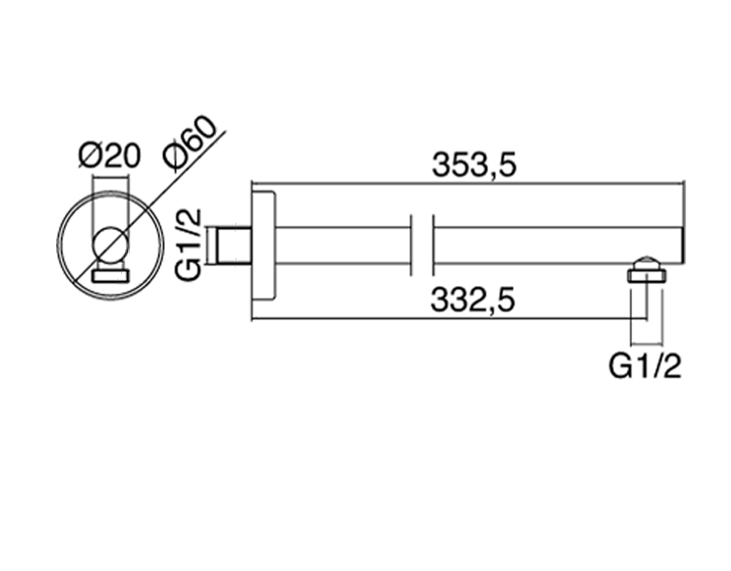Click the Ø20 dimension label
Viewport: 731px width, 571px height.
[x=110, y=154]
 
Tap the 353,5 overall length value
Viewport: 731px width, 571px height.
[x=474, y=165]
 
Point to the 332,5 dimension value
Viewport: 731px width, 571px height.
[x=474, y=301]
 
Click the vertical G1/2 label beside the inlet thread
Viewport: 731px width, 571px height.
[x=188, y=244]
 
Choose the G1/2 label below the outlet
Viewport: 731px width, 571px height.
[x=646, y=366]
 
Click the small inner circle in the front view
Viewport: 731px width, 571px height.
[x=109, y=244]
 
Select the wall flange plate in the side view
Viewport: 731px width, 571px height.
[x=264, y=245]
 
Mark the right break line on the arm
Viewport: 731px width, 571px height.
[x=433, y=245]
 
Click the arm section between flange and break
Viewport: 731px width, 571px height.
[x=341, y=245]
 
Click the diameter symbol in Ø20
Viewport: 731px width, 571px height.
[x=90, y=154]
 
